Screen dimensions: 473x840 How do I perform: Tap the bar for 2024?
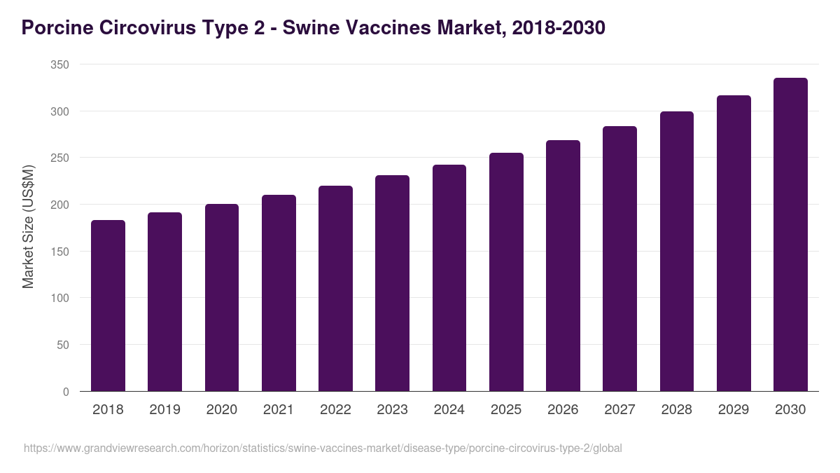[449, 278]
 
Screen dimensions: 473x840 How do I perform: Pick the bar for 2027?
[619, 259]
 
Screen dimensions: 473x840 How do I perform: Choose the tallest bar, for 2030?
[790, 235]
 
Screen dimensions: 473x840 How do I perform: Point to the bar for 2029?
[734, 243]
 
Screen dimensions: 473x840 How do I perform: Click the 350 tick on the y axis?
[60, 64]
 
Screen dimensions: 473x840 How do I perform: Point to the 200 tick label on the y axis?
[60, 205]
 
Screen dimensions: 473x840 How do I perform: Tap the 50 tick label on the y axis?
[63, 345]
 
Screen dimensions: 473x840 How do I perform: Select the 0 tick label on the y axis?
[66, 392]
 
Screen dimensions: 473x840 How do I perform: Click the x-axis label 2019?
[164, 410]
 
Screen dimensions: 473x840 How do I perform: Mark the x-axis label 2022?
[335, 410]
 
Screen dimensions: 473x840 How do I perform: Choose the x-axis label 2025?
[506, 410]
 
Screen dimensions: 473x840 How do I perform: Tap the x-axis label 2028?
[676, 410]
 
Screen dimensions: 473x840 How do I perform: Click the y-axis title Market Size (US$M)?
[28, 227]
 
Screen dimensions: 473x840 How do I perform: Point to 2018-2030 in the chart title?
[559, 28]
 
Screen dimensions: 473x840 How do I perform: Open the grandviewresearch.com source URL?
[323, 448]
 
